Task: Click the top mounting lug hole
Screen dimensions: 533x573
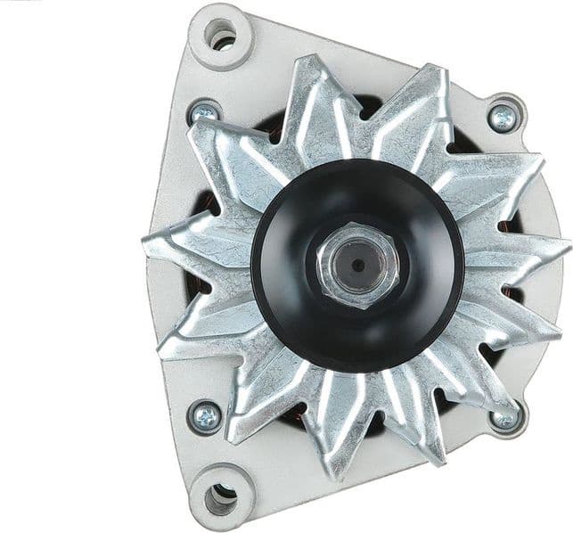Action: click(x=221, y=36)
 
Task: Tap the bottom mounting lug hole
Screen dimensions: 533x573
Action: click(x=220, y=498)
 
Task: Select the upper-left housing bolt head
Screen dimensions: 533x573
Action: click(x=205, y=113)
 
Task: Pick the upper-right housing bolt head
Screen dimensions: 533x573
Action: click(x=504, y=117)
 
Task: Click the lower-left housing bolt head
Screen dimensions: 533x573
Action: click(x=206, y=416)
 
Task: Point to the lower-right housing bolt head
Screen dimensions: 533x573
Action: click(x=505, y=417)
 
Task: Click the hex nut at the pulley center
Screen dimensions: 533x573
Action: click(x=357, y=266)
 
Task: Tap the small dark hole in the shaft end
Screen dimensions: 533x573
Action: click(x=357, y=265)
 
